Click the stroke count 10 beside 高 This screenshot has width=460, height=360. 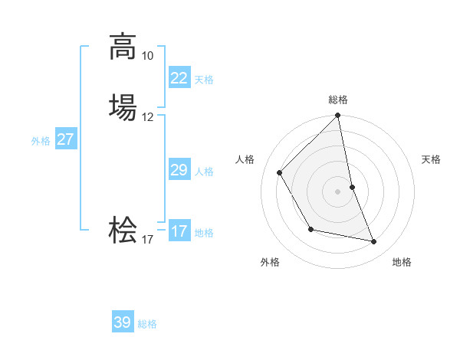[147, 56]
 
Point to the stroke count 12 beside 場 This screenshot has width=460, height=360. [147, 117]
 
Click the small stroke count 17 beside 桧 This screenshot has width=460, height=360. [147, 240]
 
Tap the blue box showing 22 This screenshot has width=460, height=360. [179, 78]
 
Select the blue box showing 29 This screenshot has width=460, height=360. [179, 170]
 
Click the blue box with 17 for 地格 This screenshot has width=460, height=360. [179, 231]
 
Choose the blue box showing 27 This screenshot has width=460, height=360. [65, 139]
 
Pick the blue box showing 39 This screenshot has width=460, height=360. [122, 322]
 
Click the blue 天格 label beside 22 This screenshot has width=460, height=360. [204, 80]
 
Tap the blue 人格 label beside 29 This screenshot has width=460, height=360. [204, 172]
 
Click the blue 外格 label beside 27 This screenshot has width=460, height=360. [41, 141]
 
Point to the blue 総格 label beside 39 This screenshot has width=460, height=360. [147, 324]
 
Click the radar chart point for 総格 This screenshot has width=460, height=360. [337, 116]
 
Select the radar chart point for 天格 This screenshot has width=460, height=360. [352, 186]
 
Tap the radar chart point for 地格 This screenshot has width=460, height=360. [374, 241]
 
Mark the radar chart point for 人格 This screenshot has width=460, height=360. [280, 172]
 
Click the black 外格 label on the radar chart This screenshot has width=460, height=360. [270, 262]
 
